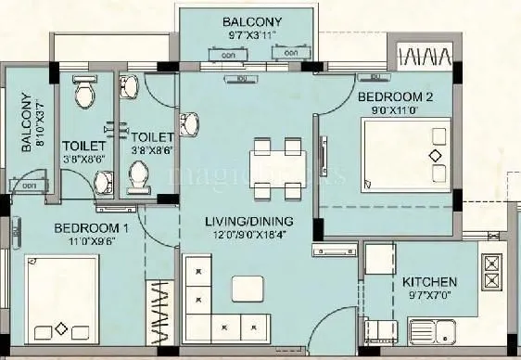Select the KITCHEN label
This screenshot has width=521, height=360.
428,281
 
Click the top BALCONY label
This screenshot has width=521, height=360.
253,21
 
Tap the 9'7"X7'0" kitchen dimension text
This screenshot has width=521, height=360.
428,297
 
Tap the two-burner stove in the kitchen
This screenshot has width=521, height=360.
491,270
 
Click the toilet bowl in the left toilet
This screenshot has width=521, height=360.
83,92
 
